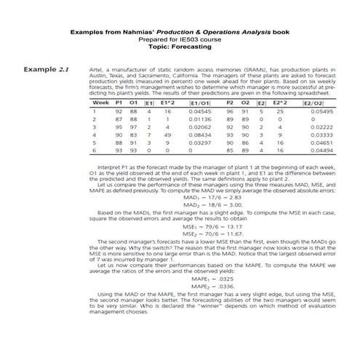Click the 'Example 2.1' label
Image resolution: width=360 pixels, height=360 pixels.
[x=45, y=70]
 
